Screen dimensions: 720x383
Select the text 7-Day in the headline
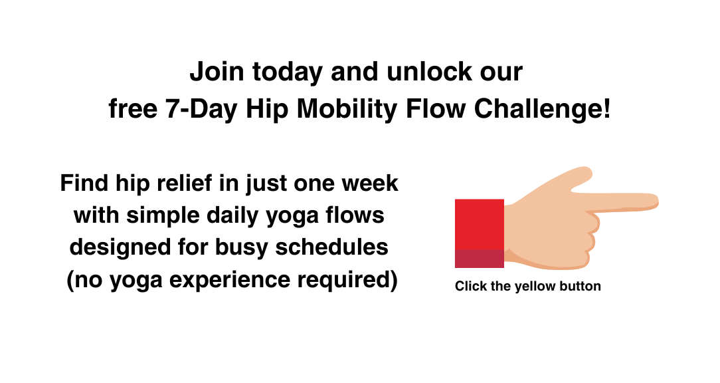(201, 110)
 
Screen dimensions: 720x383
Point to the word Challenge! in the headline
(542, 110)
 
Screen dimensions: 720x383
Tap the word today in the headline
(287, 72)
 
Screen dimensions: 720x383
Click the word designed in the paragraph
(120, 247)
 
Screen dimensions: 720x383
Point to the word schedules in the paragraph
(331, 247)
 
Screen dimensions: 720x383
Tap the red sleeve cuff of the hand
(480, 233)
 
